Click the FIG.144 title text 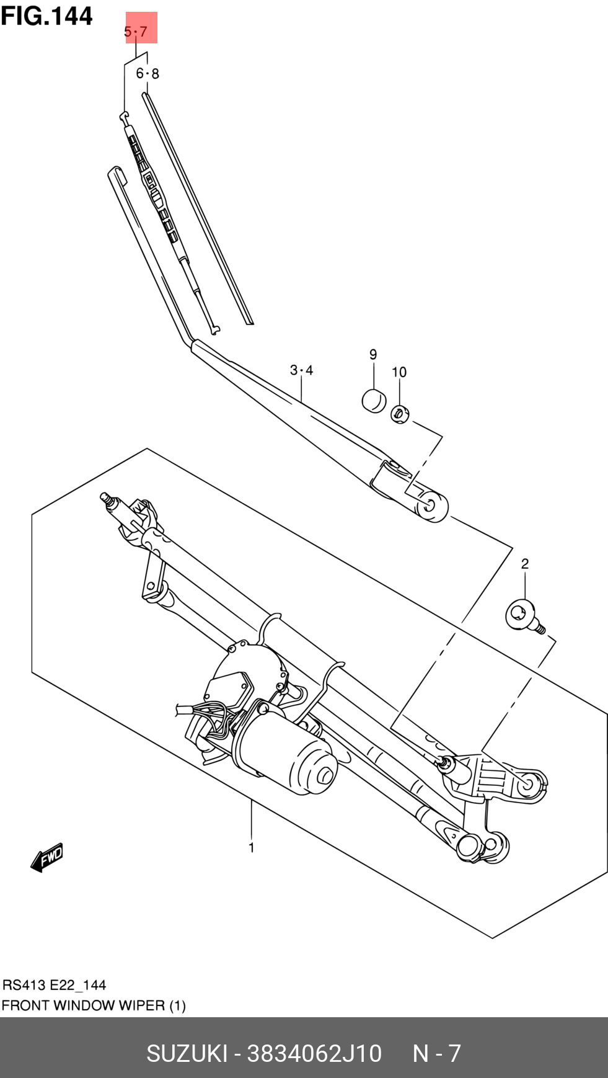click(x=46, y=16)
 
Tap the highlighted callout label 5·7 click(x=136, y=31)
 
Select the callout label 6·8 click(x=148, y=73)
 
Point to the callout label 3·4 click(x=301, y=370)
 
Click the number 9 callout click(x=373, y=354)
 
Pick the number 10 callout click(x=399, y=372)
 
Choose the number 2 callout click(x=525, y=564)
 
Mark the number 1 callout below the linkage click(x=252, y=847)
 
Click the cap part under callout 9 click(x=374, y=400)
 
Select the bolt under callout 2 click(x=521, y=616)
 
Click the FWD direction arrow click(x=47, y=857)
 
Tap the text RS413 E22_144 click(x=55, y=985)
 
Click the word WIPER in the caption click(x=143, y=1005)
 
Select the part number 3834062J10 click(x=314, y=1053)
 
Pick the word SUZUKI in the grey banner click(x=186, y=1053)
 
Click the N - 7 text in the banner click(x=436, y=1053)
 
